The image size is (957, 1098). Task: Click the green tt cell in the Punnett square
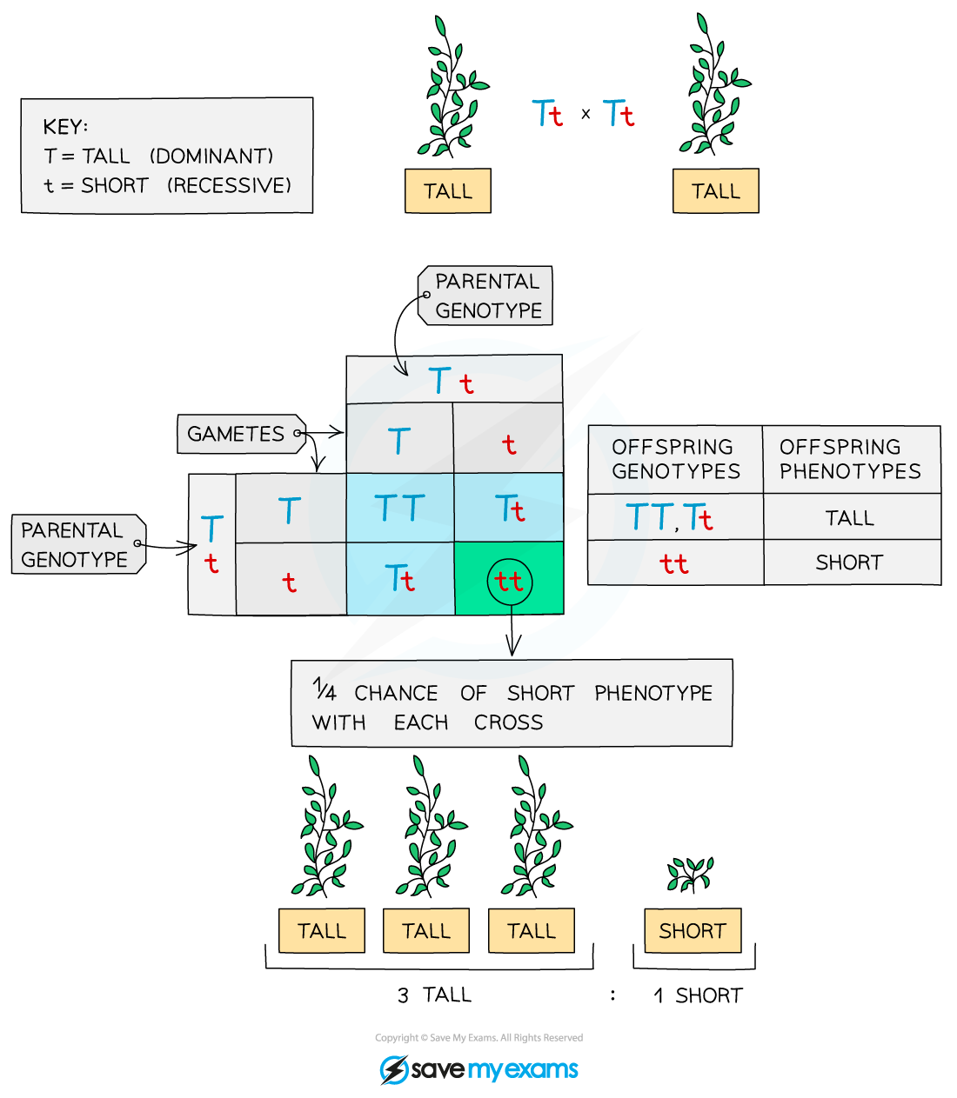[509, 580]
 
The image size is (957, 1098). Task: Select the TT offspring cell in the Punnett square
[399, 509]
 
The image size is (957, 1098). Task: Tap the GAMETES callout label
[237, 434]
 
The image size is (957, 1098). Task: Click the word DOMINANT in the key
[211, 156]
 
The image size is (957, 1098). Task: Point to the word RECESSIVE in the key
[229, 186]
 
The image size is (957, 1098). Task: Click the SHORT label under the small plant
[693, 931]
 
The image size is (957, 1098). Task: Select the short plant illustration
[690, 874]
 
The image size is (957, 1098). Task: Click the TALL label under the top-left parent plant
[448, 191]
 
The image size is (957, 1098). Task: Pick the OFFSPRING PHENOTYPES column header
[850, 459]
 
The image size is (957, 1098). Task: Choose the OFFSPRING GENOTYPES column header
[676, 459]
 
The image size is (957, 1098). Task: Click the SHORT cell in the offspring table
[849, 562]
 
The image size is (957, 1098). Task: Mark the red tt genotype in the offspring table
[673, 563]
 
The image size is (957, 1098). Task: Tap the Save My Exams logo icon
[394, 1069]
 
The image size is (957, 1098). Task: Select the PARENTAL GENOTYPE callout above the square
[487, 296]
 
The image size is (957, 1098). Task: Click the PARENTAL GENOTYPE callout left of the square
[75, 545]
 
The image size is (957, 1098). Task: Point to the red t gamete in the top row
[509, 445]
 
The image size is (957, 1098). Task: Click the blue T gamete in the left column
[289, 510]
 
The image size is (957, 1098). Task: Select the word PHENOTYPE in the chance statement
[653, 693]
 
